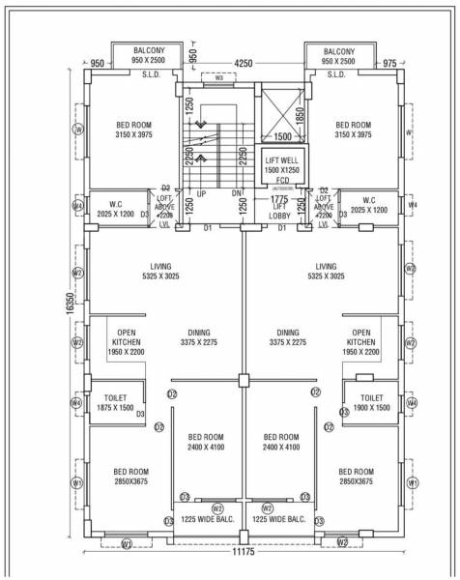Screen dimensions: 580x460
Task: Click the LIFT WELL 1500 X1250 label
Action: coord(279,164)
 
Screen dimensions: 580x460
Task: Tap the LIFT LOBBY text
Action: coord(279,212)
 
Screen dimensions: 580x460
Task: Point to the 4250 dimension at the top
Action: coord(244,64)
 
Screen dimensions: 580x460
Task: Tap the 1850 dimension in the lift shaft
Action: coord(300,114)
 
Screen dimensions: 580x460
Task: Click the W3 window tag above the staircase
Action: coord(218,77)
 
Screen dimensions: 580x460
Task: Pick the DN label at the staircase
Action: coord(235,193)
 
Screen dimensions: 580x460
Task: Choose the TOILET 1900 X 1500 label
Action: coord(371,402)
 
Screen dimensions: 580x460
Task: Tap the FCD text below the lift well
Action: coord(279,181)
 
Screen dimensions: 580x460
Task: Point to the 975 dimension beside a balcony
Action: coord(389,64)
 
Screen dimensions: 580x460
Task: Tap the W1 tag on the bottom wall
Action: coord(126,544)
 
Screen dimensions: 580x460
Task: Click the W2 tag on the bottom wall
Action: coord(341,542)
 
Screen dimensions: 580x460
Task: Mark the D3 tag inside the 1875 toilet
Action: coord(141,415)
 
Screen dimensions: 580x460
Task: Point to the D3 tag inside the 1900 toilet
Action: coord(344,413)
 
